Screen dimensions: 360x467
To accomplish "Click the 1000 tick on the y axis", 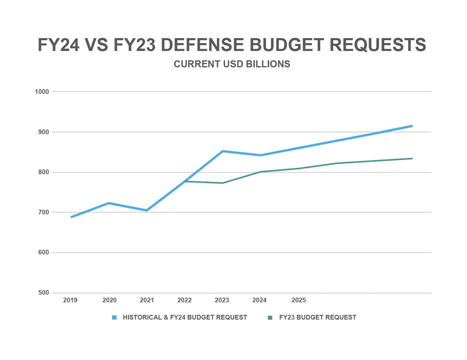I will coord(42,92).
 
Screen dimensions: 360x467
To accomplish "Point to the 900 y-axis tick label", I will coord(43,132).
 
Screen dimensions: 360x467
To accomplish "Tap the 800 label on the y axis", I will coord(43,172).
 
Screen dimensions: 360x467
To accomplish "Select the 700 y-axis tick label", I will coord(43,212).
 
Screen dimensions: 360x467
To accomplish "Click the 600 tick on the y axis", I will coord(43,253).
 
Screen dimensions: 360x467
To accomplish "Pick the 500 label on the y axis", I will coord(43,293).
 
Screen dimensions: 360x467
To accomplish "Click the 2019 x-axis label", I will coord(70,300).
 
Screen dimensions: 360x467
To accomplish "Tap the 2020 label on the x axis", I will coord(109,300).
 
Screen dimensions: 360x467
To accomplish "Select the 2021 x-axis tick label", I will coord(147,300).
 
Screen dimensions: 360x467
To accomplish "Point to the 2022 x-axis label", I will coord(184,300).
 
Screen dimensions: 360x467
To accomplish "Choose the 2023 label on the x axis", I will coord(222,300).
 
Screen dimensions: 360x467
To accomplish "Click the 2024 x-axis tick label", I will coord(259,300).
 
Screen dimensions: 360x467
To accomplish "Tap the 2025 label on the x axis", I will coord(299,300).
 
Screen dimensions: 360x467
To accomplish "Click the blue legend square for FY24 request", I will coord(114,318).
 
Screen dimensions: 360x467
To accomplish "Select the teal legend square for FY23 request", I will coord(270,318).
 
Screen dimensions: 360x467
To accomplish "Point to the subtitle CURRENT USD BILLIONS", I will coord(232,64).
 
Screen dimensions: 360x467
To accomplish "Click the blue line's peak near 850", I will coord(222,151).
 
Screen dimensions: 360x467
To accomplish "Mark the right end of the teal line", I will coord(412,158).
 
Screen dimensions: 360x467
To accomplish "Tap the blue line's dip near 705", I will coord(147,210).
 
